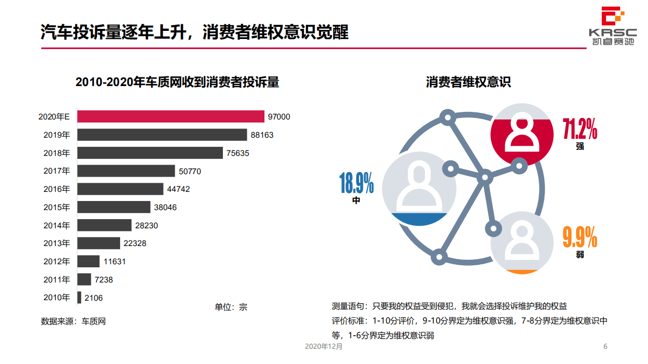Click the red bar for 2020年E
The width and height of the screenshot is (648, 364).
(x=171, y=116)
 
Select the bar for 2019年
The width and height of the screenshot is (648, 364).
(x=162, y=135)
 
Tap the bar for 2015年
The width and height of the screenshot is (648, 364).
(x=114, y=207)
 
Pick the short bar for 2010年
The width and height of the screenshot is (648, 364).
(x=79, y=298)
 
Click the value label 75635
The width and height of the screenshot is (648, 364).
(x=238, y=153)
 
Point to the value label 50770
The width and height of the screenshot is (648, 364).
(x=190, y=171)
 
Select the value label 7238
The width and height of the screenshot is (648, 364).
(x=104, y=279)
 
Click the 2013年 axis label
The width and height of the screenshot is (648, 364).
(x=57, y=244)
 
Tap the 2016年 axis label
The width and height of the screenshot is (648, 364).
(x=57, y=189)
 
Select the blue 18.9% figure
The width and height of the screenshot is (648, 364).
(x=357, y=183)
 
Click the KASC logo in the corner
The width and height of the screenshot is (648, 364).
(x=613, y=25)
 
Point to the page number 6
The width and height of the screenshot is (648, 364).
(x=605, y=347)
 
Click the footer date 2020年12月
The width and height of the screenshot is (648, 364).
(x=324, y=347)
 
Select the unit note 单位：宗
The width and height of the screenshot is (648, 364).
(x=231, y=307)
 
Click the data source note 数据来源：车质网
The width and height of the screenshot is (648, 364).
(x=73, y=321)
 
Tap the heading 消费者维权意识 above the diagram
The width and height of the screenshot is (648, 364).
(x=468, y=83)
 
